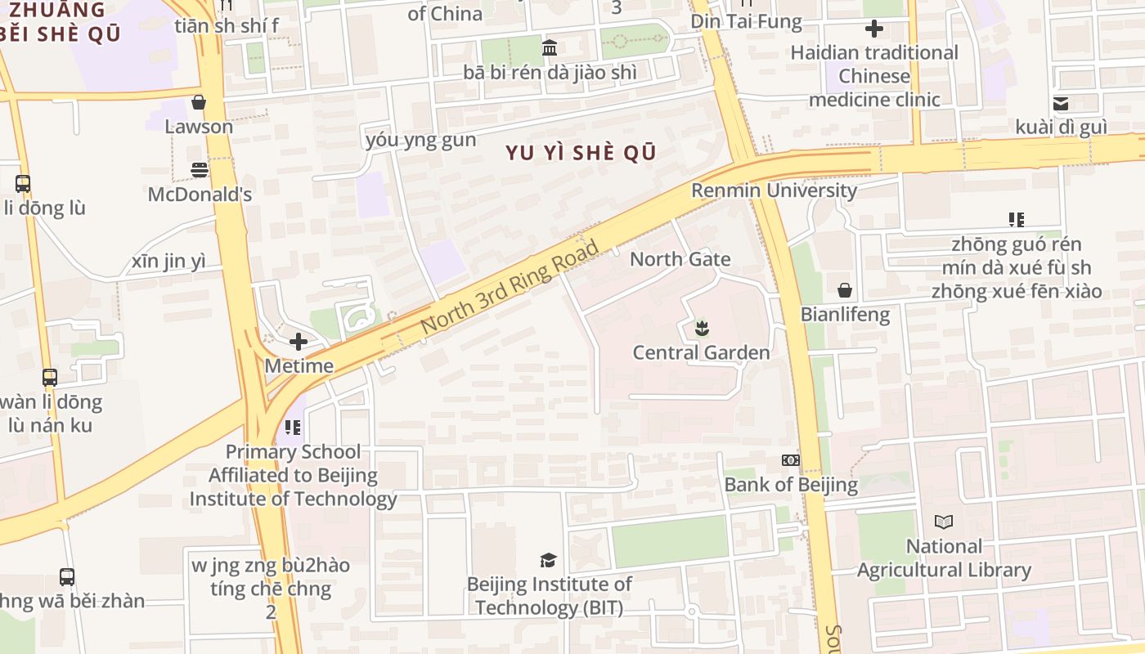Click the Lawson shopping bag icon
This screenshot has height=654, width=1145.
(x=198, y=103)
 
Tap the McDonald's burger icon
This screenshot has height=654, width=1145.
(x=200, y=170)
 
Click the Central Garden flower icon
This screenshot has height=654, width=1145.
(x=701, y=329)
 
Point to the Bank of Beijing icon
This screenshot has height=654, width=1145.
(x=790, y=460)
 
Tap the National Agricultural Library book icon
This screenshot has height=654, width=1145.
(x=944, y=522)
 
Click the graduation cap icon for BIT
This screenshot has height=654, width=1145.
(x=548, y=560)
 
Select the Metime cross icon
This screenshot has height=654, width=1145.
(x=299, y=342)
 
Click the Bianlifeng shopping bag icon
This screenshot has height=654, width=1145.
(x=845, y=290)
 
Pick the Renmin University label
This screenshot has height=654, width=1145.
(x=774, y=190)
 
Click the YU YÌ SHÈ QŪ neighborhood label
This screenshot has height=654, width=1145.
(x=581, y=153)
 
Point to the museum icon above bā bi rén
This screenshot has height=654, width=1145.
(x=550, y=47)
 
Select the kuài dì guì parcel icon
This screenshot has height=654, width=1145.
(x=1061, y=103)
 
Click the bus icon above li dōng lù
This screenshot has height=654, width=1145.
(x=23, y=184)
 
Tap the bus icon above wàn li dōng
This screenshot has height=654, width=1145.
(x=50, y=378)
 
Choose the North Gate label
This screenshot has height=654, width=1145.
(x=680, y=259)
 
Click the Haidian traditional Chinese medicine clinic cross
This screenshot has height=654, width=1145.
(x=874, y=29)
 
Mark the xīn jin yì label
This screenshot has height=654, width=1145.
(x=168, y=262)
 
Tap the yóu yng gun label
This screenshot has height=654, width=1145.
(x=420, y=140)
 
